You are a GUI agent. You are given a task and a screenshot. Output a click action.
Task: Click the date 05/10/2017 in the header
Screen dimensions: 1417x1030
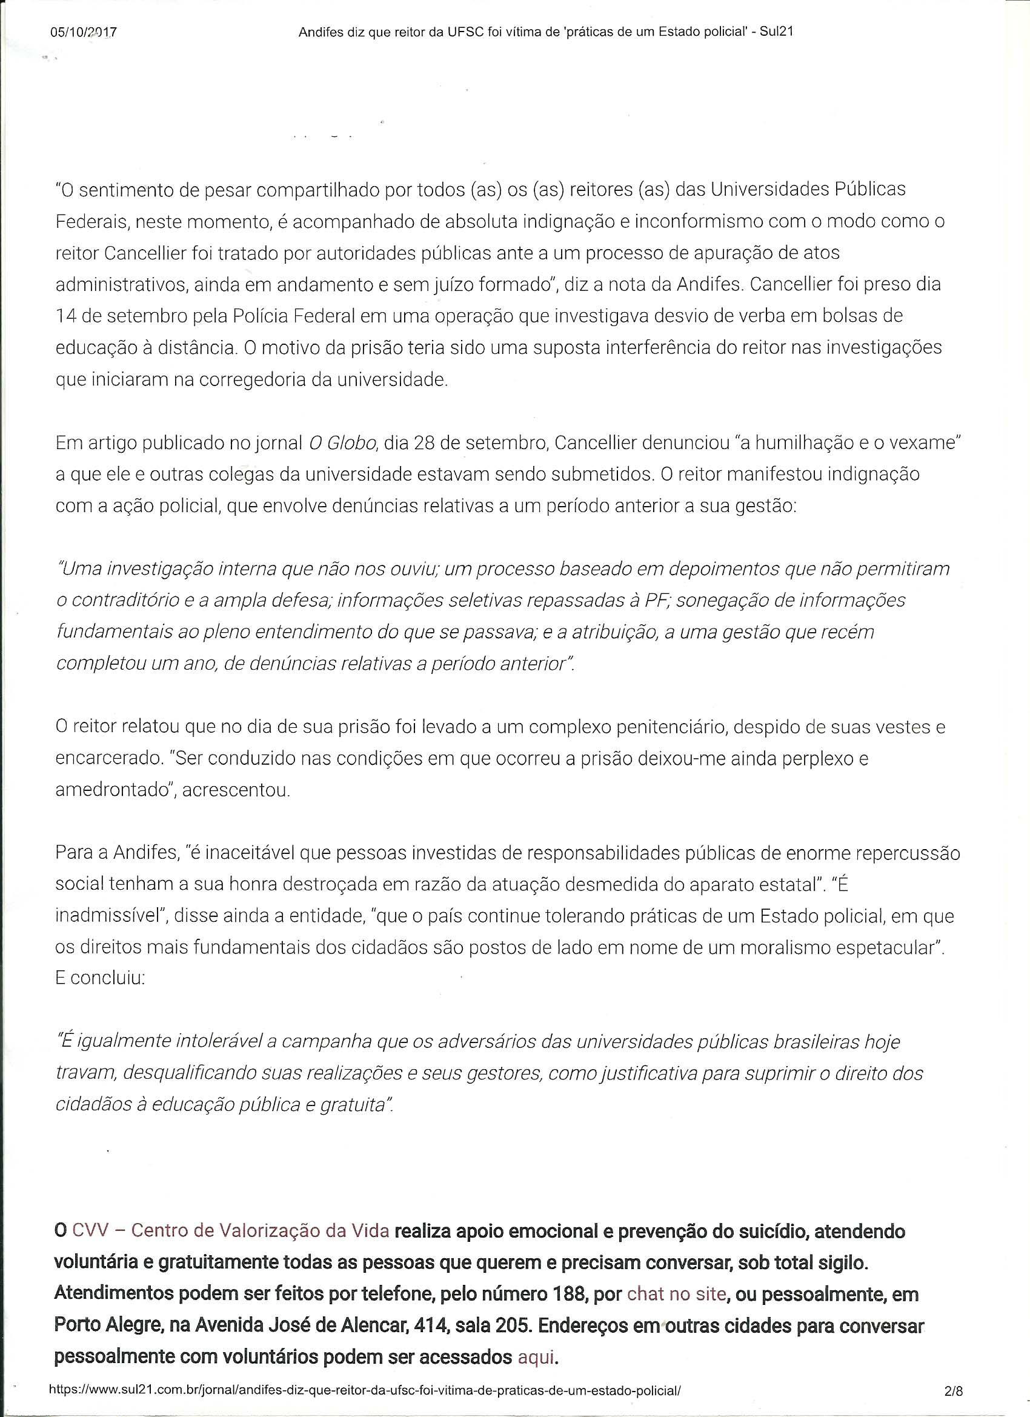coord(83,32)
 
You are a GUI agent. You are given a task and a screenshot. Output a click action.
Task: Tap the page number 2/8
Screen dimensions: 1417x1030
coord(954,1391)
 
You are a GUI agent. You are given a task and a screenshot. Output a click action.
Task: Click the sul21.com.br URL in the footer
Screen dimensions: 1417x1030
coord(364,1391)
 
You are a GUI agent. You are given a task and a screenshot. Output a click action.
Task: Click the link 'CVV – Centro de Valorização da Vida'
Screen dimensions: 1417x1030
coord(230,1230)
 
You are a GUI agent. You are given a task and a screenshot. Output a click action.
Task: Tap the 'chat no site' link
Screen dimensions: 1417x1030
coord(676,1293)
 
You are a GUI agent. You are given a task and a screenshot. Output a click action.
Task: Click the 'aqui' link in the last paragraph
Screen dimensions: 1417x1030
coord(536,1356)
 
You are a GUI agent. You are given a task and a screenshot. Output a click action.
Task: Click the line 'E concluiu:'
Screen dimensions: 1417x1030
coord(100,978)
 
